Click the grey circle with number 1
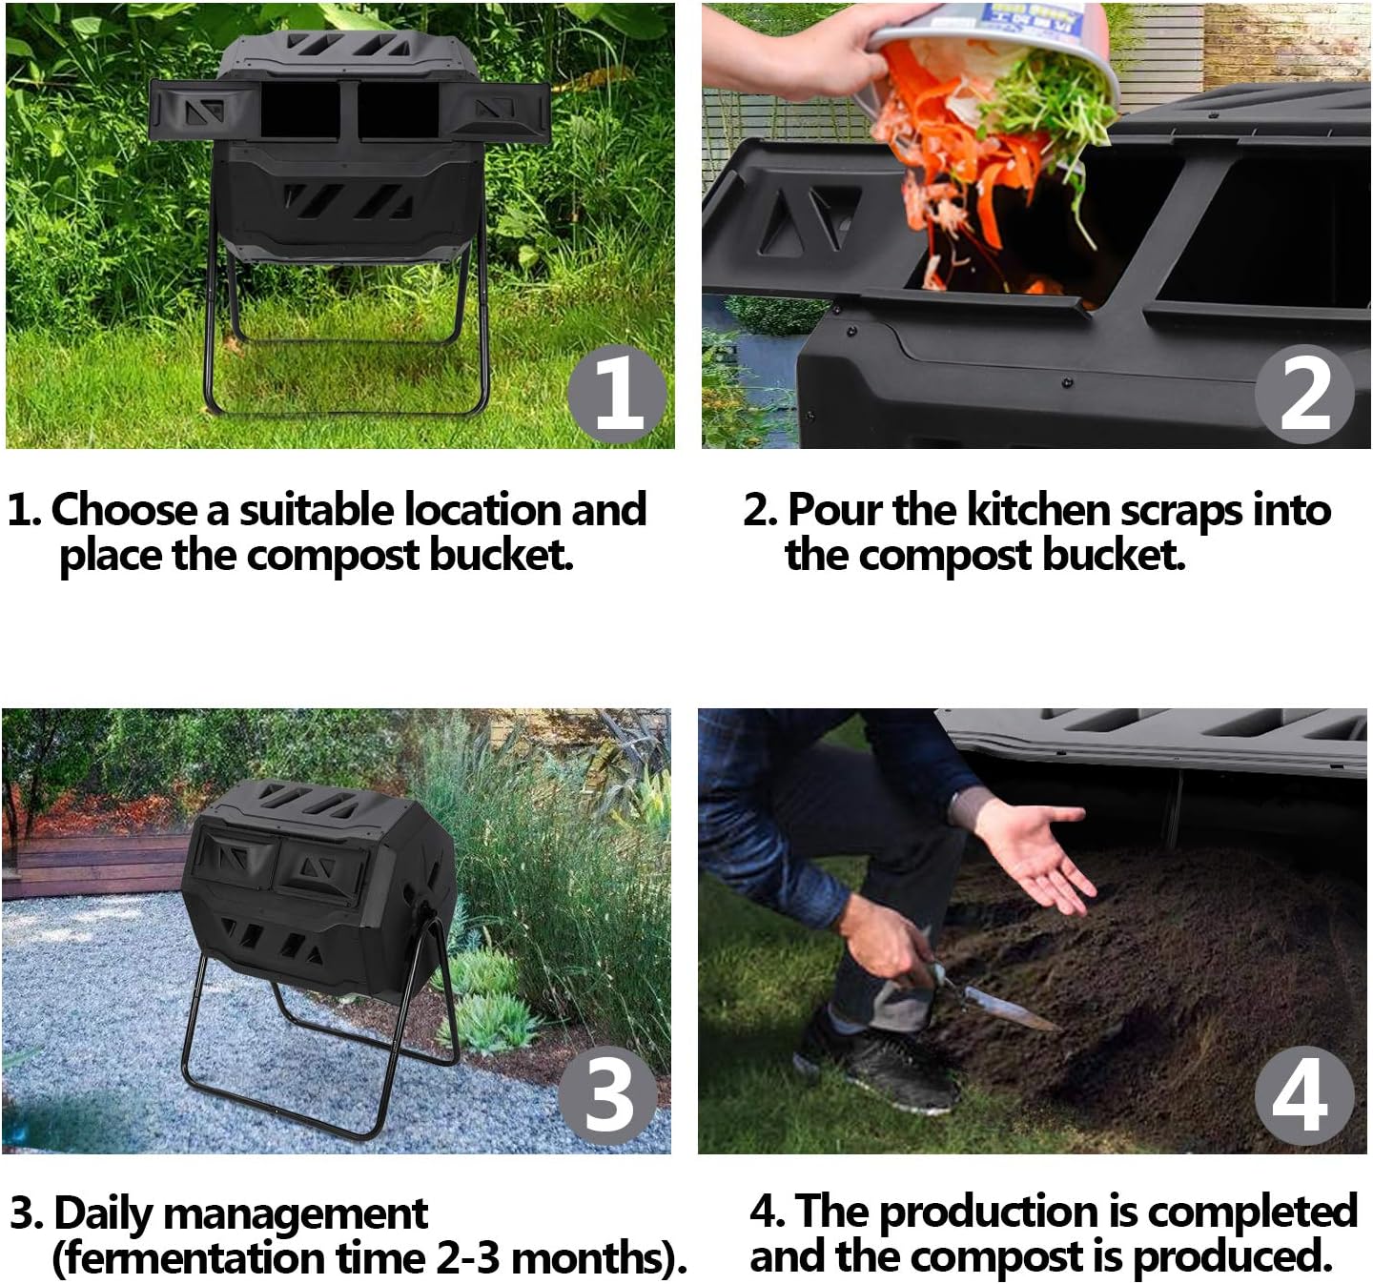pos(617,394)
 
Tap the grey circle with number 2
pos(1303,394)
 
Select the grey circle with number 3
pos(608,1095)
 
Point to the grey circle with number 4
pos(1302,1095)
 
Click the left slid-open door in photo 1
pos(203,111)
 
